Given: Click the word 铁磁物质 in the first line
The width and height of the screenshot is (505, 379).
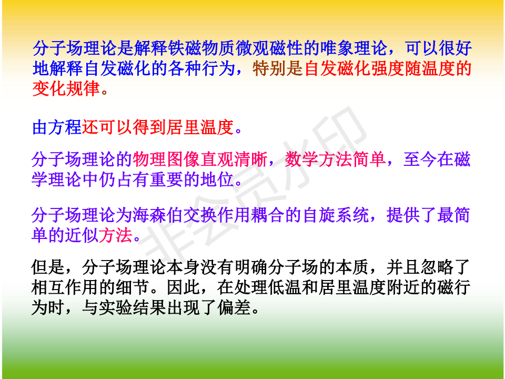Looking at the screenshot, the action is pyautogui.click(x=201, y=48).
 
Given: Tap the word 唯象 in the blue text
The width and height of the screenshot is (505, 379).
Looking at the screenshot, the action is pyautogui.click(x=337, y=48).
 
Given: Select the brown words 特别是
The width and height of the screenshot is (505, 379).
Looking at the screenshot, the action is pyautogui.click(x=278, y=68).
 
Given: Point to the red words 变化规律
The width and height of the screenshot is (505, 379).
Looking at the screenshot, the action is pyautogui.click(x=66, y=88).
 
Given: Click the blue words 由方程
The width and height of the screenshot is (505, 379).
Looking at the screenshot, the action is pyautogui.click(x=57, y=127).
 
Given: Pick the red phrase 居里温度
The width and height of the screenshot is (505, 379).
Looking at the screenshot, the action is pyautogui.click(x=200, y=127).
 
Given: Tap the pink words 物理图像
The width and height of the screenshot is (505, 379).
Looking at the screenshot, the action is pyautogui.click(x=167, y=159).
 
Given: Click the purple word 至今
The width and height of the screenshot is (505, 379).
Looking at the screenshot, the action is pyautogui.click(x=420, y=159).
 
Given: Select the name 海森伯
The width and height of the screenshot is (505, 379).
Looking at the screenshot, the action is pyautogui.click(x=158, y=215).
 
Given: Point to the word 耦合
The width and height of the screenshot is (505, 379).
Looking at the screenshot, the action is pyautogui.click(x=268, y=215).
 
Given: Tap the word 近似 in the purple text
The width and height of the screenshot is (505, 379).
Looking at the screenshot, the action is pyautogui.click(x=82, y=235).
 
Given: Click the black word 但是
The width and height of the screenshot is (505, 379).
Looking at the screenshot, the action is pyautogui.click(x=48, y=267).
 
